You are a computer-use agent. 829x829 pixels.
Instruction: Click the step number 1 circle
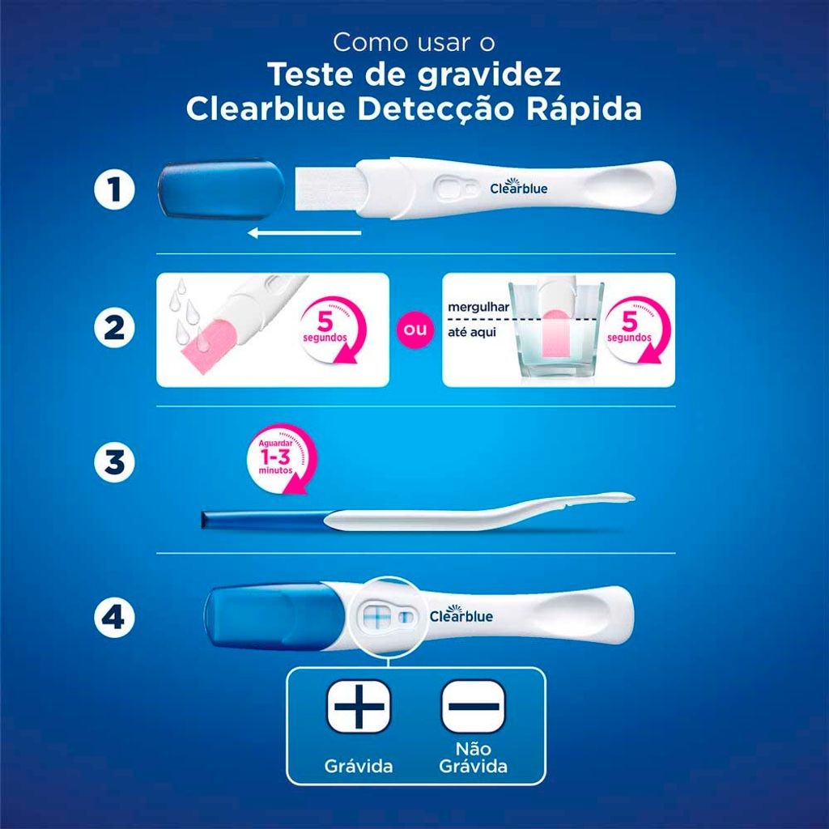point(114,189)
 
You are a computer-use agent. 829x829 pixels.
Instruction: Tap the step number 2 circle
point(114,328)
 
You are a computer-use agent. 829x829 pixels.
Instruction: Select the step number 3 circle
point(114,462)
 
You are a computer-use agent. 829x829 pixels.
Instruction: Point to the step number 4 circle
point(114,617)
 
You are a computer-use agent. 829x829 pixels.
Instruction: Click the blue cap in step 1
point(221,189)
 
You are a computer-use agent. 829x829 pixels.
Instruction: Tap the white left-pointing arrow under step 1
point(304,232)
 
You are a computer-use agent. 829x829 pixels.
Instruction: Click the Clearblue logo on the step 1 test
point(519,187)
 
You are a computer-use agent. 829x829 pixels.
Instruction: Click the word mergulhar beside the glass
point(478,307)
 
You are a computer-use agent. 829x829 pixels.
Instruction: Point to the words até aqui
point(472,333)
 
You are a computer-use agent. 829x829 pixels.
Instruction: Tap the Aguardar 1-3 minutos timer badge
point(281,458)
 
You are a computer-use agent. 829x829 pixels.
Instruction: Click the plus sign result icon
point(359,706)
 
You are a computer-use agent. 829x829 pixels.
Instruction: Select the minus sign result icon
point(473,706)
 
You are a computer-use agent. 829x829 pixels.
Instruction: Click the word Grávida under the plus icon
point(359,766)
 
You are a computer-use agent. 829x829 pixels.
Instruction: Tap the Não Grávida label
point(473,757)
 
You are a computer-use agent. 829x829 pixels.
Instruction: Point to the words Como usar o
point(414,43)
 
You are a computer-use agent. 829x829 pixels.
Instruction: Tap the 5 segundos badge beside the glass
point(630,329)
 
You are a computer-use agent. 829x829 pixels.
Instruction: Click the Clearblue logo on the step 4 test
point(461,614)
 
